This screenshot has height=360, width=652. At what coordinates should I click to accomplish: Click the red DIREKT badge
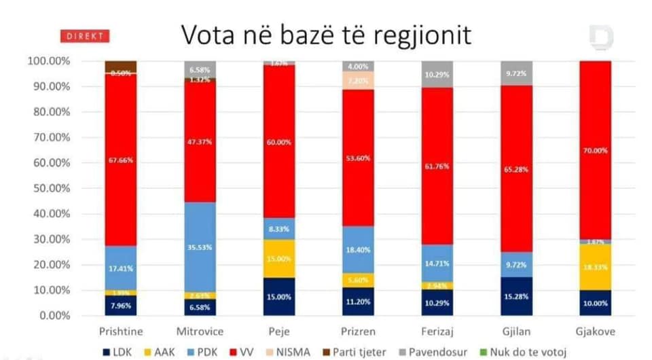86,36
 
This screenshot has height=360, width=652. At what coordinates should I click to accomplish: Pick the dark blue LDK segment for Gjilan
515,296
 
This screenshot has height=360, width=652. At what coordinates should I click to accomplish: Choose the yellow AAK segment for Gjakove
595,268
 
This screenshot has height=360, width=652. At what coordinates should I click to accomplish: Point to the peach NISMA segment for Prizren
358,80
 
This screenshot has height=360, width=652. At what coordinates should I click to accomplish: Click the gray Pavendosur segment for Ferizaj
437,74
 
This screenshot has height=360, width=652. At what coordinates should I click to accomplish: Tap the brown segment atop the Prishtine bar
120,66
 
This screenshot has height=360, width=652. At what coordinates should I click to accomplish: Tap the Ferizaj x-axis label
437,329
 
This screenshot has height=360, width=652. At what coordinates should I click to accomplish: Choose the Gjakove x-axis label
595,329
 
